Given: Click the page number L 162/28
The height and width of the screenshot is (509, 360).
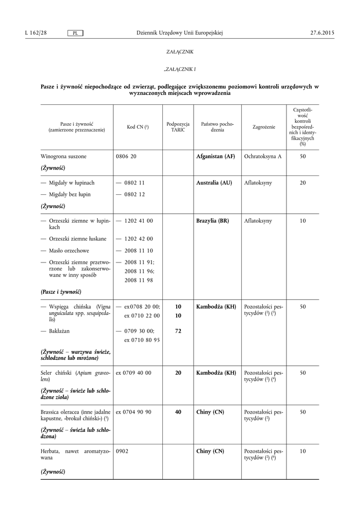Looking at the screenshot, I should click(x=35, y=33).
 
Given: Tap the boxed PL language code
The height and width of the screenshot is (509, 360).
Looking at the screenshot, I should click(x=75, y=33).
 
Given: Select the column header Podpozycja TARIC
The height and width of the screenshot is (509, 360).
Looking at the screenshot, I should click(x=177, y=127).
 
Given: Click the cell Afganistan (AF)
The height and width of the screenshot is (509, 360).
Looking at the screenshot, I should click(x=216, y=157).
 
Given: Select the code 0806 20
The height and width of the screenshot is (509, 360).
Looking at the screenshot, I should click(x=126, y=157).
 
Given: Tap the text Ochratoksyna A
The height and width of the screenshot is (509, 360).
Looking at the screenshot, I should click(x=263, y=157).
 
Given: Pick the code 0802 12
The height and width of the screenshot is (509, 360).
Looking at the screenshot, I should click(x=131, y=194).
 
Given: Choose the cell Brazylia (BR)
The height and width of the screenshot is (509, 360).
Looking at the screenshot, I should click(x=213, y=221).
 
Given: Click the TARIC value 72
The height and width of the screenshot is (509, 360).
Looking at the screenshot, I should click(x=178, y=331).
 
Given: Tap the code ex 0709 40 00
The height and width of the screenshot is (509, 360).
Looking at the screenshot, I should click(x=134, y=372).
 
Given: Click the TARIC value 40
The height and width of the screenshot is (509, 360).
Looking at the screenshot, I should click(x=178, y=412).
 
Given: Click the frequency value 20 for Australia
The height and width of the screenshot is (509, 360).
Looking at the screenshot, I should click(x=302, y=183).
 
